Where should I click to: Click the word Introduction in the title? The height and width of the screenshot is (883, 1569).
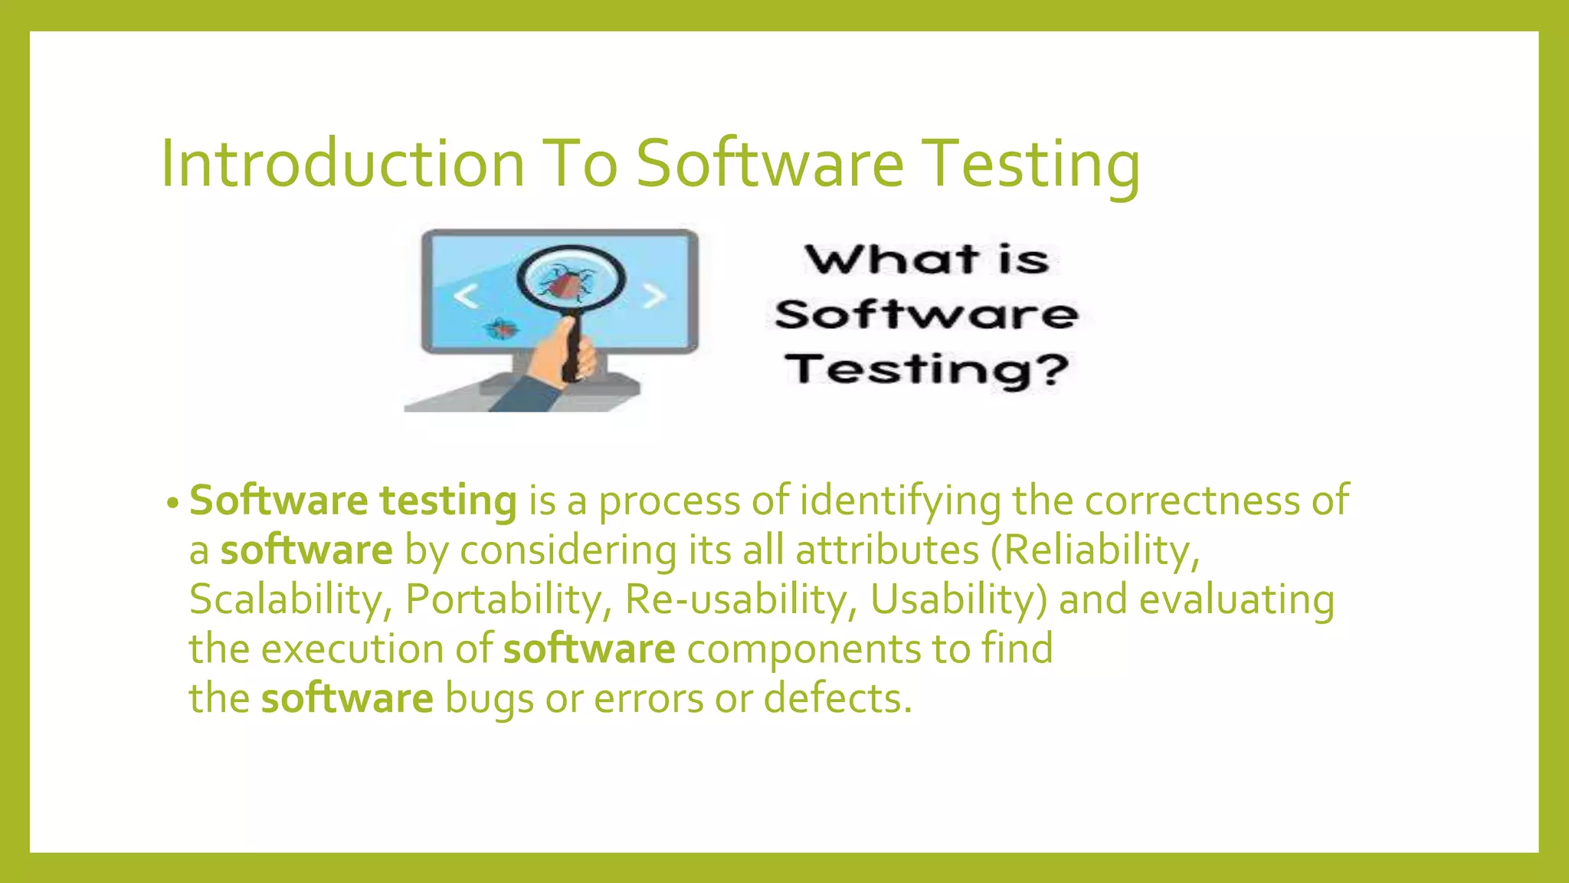342,163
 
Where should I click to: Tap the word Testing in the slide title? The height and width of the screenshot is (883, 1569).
1030,163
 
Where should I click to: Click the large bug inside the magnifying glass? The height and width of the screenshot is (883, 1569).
566,284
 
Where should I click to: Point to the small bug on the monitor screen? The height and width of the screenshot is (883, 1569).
502,329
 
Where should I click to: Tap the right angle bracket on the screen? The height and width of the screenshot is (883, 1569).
653,295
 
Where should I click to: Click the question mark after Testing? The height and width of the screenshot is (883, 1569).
1048,369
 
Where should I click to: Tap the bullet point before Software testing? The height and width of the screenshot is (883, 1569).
172,504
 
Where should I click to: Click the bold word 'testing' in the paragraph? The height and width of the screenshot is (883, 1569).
448,501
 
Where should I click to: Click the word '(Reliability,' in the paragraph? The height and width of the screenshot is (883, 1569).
1095,550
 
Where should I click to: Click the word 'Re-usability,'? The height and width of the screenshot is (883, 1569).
741,599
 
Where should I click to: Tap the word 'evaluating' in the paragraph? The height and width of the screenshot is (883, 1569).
1237,599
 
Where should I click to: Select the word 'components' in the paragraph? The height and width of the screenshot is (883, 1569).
804,649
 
